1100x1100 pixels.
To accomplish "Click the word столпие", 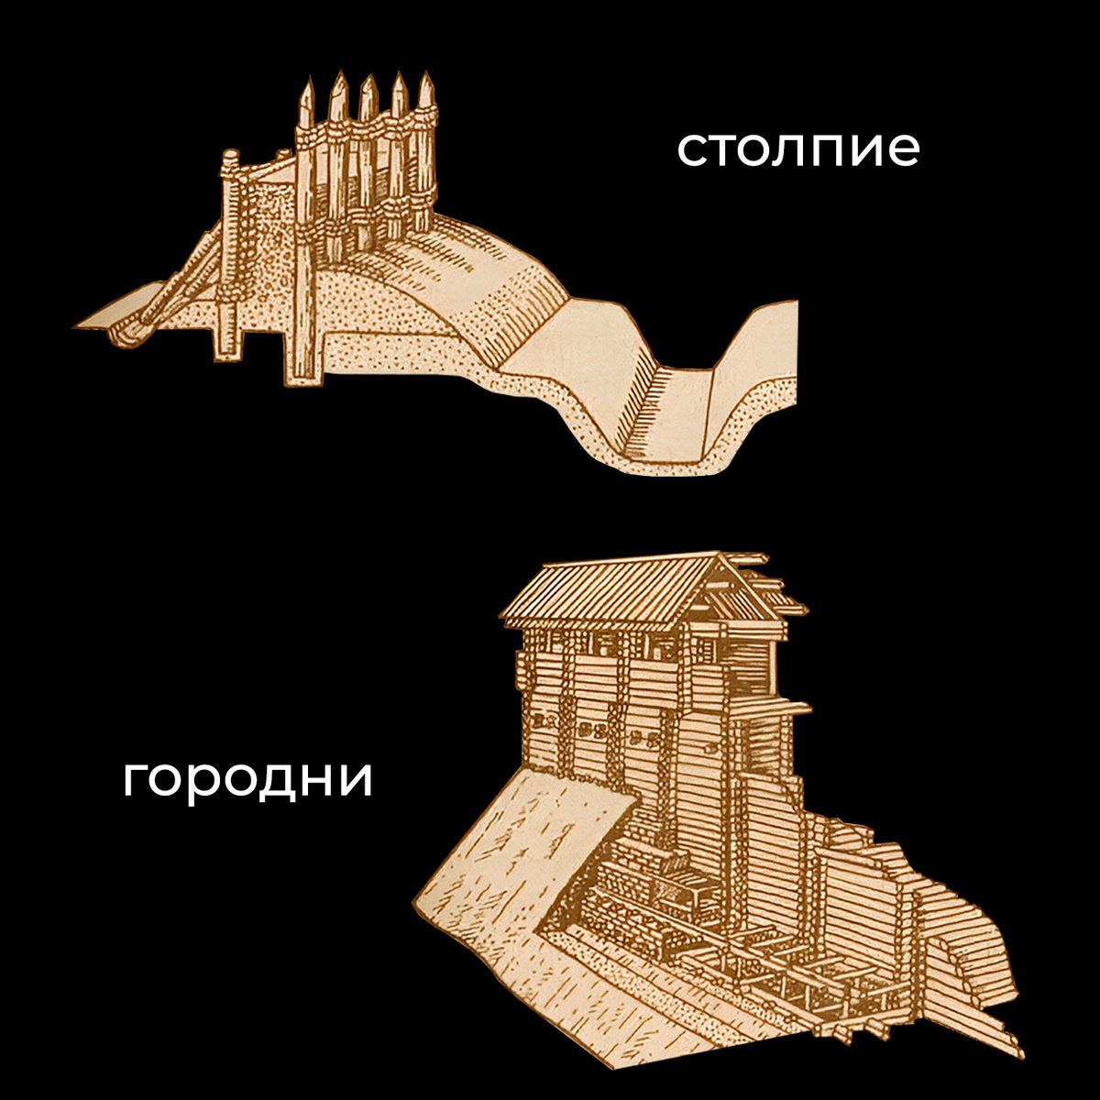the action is (797, 149).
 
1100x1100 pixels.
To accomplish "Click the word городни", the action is (247, 780).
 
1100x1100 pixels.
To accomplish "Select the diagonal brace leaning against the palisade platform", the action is (183, 284).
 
